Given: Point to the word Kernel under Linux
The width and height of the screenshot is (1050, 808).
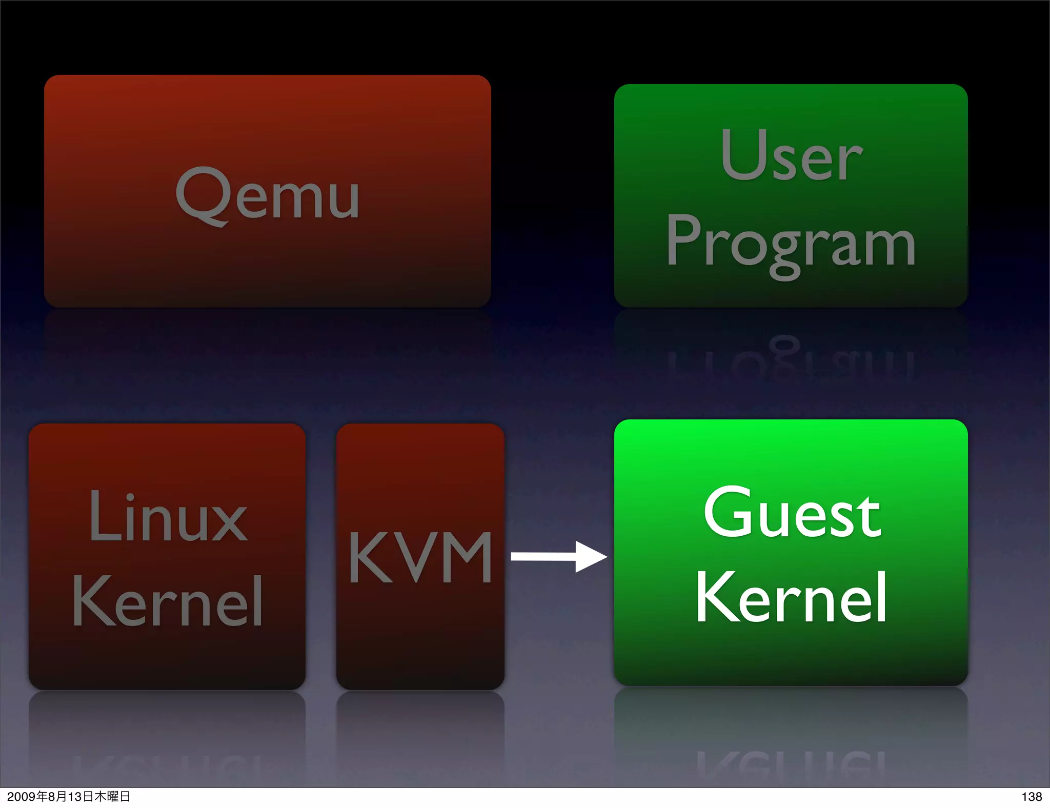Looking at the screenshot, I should [x=168, y=601].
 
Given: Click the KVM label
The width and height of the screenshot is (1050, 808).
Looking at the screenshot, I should [x=420, y=557].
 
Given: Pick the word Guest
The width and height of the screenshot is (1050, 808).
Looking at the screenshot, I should [x=792, y=513].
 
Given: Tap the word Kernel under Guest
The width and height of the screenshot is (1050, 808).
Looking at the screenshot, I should [x=791, y=598].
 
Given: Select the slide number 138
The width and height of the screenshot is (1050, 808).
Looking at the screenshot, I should [x=1031, y=797].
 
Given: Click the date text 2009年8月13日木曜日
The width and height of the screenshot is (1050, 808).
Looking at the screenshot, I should [x=69, y=797].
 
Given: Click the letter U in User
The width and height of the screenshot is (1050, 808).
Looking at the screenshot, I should [x=742, y=155].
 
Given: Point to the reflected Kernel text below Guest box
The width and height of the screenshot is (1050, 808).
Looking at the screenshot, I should [x=791, y=764].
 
